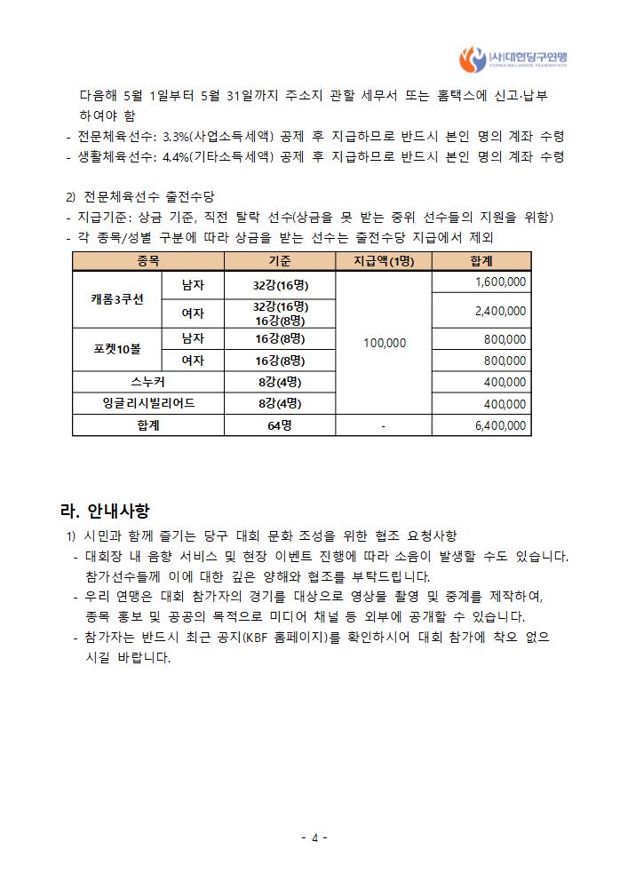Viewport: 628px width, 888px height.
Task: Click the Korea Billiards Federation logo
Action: (x=513, y=59)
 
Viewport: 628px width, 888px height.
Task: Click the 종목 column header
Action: (x=147, y=261)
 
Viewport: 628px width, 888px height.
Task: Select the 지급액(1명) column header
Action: (x=384, y=261)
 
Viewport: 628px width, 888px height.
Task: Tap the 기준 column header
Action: (x=279, y=261)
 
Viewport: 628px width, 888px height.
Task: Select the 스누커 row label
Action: (x=147, y=382)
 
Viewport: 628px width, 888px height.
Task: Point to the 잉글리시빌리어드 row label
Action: (x=147, y=404)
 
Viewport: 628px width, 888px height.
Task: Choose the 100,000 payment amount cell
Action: (x=384, y=343)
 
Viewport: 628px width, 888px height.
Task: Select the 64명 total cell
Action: (x=279, y=426)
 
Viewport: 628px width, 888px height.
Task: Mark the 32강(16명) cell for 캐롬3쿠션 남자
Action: (x=279, y=284)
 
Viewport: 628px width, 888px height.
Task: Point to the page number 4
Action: (x=314, y=837)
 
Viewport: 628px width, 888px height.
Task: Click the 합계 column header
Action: (x=481, y=261)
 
